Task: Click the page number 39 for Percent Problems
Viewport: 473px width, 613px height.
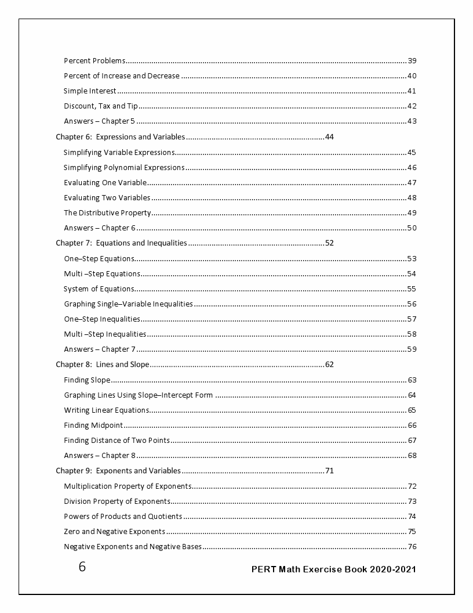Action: coord(412,61)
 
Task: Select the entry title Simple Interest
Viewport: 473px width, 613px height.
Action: coord(90,91)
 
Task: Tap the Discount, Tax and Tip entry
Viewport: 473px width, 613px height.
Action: coord(100,106)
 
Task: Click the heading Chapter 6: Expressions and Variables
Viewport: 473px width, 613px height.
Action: coord(120,137)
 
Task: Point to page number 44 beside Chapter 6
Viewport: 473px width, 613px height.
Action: coord(329,137)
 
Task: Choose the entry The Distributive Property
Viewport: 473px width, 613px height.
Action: coord(107,212)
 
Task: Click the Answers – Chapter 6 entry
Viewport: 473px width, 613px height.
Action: coord(99,228)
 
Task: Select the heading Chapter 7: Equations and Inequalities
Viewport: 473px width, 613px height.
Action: coord(121,243)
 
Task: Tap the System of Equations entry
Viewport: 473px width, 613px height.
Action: coord(99,289)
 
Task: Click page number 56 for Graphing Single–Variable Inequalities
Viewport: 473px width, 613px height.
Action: coord(412,304)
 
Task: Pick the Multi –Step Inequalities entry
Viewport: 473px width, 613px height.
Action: coord(105,334)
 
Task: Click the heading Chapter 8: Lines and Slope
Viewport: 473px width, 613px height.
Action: coord(103,365)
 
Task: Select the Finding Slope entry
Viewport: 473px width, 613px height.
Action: coord(87,380)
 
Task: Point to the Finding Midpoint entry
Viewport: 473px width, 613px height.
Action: coord(93,426)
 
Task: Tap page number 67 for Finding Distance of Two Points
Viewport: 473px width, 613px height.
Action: coord(412,441)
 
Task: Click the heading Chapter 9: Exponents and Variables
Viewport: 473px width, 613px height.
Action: coord(118,471)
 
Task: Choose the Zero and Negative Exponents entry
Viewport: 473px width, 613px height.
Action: coord(114,531)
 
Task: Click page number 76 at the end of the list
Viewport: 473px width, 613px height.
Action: coord(412,546)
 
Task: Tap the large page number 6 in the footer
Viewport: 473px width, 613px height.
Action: coord(82,567)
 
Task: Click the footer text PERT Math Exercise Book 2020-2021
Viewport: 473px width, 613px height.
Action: coord(333,569)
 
